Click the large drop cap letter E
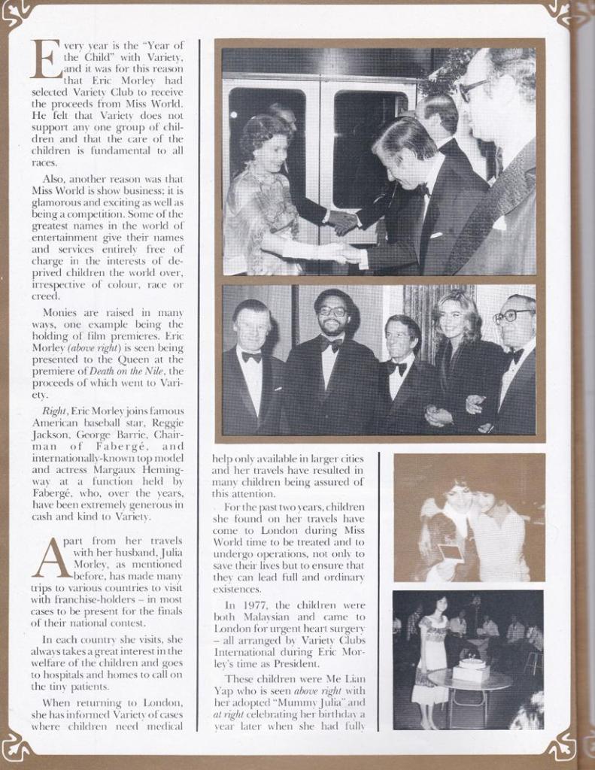point(45,58)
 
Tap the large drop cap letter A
point(50,557)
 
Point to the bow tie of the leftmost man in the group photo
point(251,356)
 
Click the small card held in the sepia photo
point(451,553)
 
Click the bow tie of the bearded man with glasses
point(332,344)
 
